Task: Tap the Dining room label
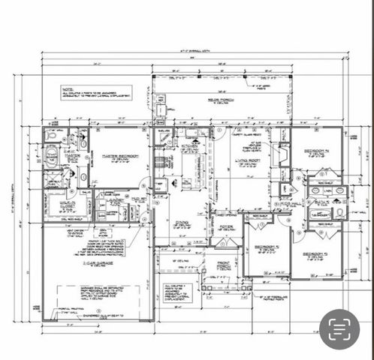point(182,223)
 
